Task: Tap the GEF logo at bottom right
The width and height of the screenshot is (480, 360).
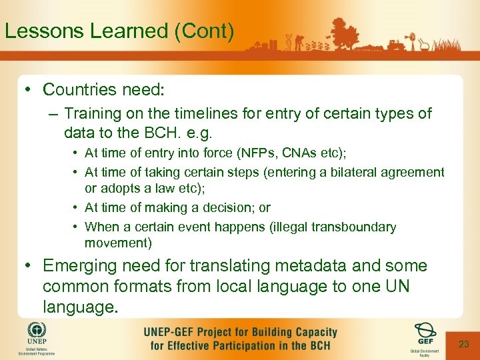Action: (x=425, y=331)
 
